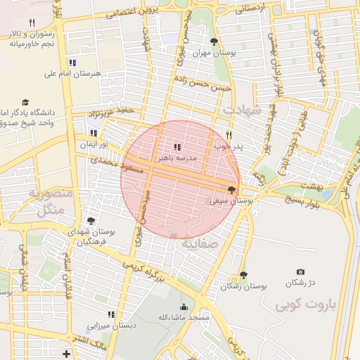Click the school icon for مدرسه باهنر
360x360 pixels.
point(176,147)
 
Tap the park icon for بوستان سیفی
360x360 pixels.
point(232,190)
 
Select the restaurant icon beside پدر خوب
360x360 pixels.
point(229,135)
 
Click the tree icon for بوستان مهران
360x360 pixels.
point(214,41)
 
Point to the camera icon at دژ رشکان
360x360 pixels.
point(301,272)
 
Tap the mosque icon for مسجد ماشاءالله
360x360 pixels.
point(184,307)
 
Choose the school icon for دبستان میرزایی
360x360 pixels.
point(110,314)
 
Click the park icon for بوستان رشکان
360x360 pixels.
point(243,275)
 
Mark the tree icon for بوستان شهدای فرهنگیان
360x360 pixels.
point(91,221)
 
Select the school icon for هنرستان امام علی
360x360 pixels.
point(74,63)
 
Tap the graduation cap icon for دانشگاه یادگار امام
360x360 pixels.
point(26,102)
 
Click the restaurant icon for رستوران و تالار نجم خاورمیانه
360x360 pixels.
point(32,22)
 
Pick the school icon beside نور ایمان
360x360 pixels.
point(94,133)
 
